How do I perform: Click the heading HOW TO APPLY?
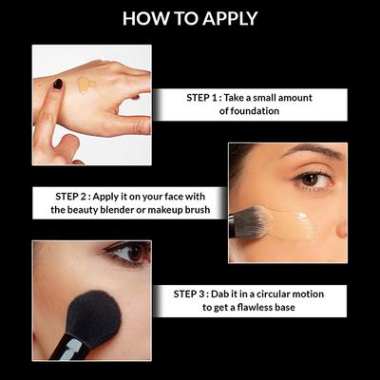click(x=190, y=18)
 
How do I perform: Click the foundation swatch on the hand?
click(x=85, y=85)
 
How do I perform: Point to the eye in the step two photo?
click(x=309, y=179)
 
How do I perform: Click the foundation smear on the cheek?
click(x=290, y=222)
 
